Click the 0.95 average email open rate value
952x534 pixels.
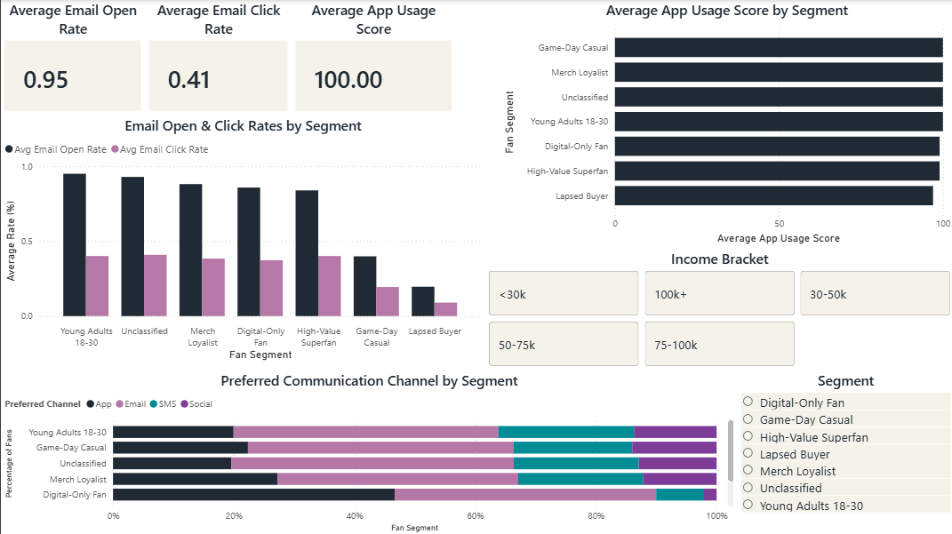[46, 80]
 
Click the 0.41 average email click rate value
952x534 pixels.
[189, 80]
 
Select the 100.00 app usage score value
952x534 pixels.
[348, 80]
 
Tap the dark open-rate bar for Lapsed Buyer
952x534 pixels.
[423, 301]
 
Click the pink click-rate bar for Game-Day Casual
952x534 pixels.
[388, 301]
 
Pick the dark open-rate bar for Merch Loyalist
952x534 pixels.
[191, 250]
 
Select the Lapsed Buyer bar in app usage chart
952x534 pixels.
[773, 196]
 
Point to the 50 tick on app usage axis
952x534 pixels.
[779, 224]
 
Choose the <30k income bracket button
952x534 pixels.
[564, 294]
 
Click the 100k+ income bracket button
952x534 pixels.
[719, 294]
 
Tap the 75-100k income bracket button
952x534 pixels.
[719, 345]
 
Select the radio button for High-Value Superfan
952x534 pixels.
[748, 436]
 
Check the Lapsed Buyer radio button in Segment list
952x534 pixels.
[748, 453]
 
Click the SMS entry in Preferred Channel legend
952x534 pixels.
[166, 403]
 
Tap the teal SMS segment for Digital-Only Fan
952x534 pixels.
[679, 495]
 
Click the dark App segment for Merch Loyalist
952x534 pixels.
[195, 479]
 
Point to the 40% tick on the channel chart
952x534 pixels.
[355, 515]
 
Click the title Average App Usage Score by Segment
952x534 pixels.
[726, 11]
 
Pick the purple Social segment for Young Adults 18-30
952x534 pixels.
[675, 432]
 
